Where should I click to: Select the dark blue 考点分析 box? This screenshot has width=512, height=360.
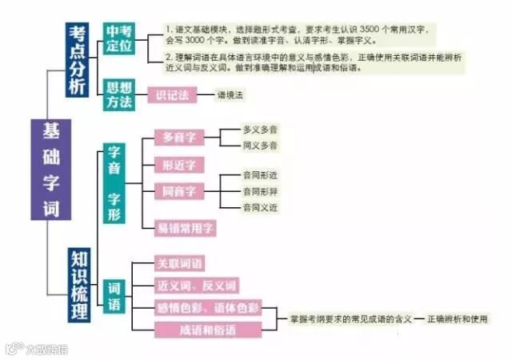[x=77, y=60]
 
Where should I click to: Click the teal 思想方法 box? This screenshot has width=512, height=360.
[x=119, y=94]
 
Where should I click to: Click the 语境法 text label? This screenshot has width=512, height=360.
[x=230, y=95]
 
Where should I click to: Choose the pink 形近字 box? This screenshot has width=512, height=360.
[x=179, y=165]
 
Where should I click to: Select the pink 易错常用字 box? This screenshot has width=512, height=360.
[x=185, y=228]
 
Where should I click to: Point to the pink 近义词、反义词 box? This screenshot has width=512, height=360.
[x=195, y=286]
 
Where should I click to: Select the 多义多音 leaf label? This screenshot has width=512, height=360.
[x=260, y=129]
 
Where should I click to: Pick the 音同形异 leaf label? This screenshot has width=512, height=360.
[x=260, y=191]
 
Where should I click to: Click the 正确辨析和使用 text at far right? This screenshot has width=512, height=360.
[x=458, y=318]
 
